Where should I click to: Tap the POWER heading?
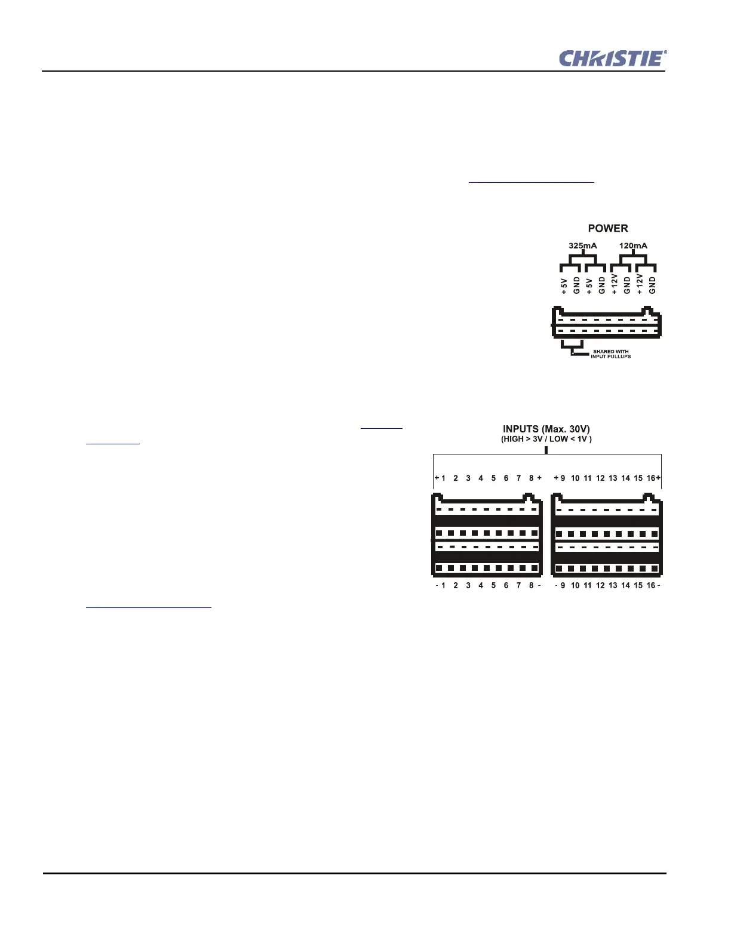607,228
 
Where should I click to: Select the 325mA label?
582,245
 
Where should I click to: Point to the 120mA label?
633,245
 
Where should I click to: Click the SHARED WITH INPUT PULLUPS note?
610,354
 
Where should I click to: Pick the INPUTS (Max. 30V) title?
546,429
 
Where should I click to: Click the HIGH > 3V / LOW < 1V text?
546,439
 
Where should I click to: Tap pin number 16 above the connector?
650,478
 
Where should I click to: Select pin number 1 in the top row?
443,478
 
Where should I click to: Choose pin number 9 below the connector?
563,585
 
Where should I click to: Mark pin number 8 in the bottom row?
531,585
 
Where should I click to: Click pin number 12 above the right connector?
600,478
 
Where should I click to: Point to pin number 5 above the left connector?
493,478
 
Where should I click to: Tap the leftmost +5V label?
564,285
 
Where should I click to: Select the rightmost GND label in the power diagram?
652,285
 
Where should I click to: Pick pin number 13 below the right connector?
613,585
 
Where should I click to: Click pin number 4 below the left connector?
481,585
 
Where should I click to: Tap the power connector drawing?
606,324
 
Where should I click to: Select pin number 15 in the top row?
638,478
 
